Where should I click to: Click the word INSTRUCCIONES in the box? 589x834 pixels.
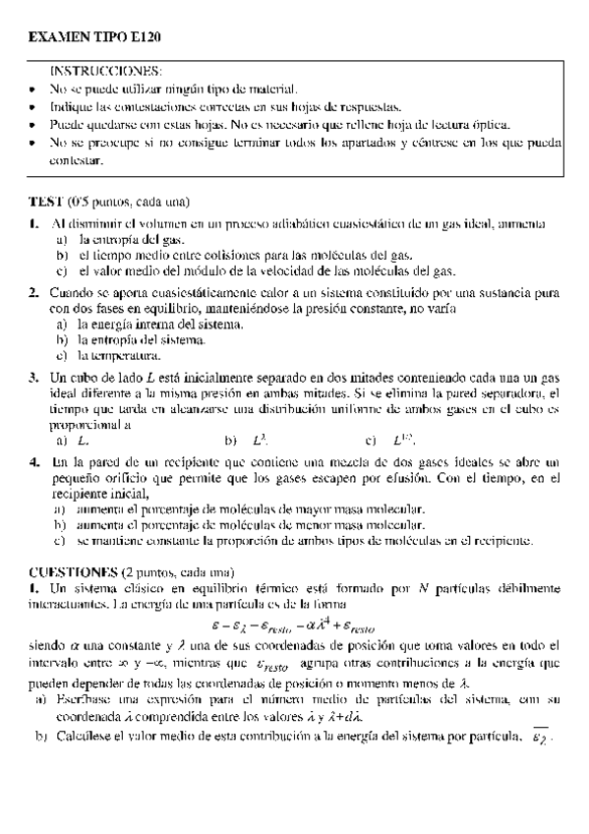tap(106, 72)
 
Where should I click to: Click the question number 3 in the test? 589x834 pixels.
tap(33, 376)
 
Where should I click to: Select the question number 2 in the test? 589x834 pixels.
tap(33, 293)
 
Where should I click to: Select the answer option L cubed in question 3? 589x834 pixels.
tap(262, 442)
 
